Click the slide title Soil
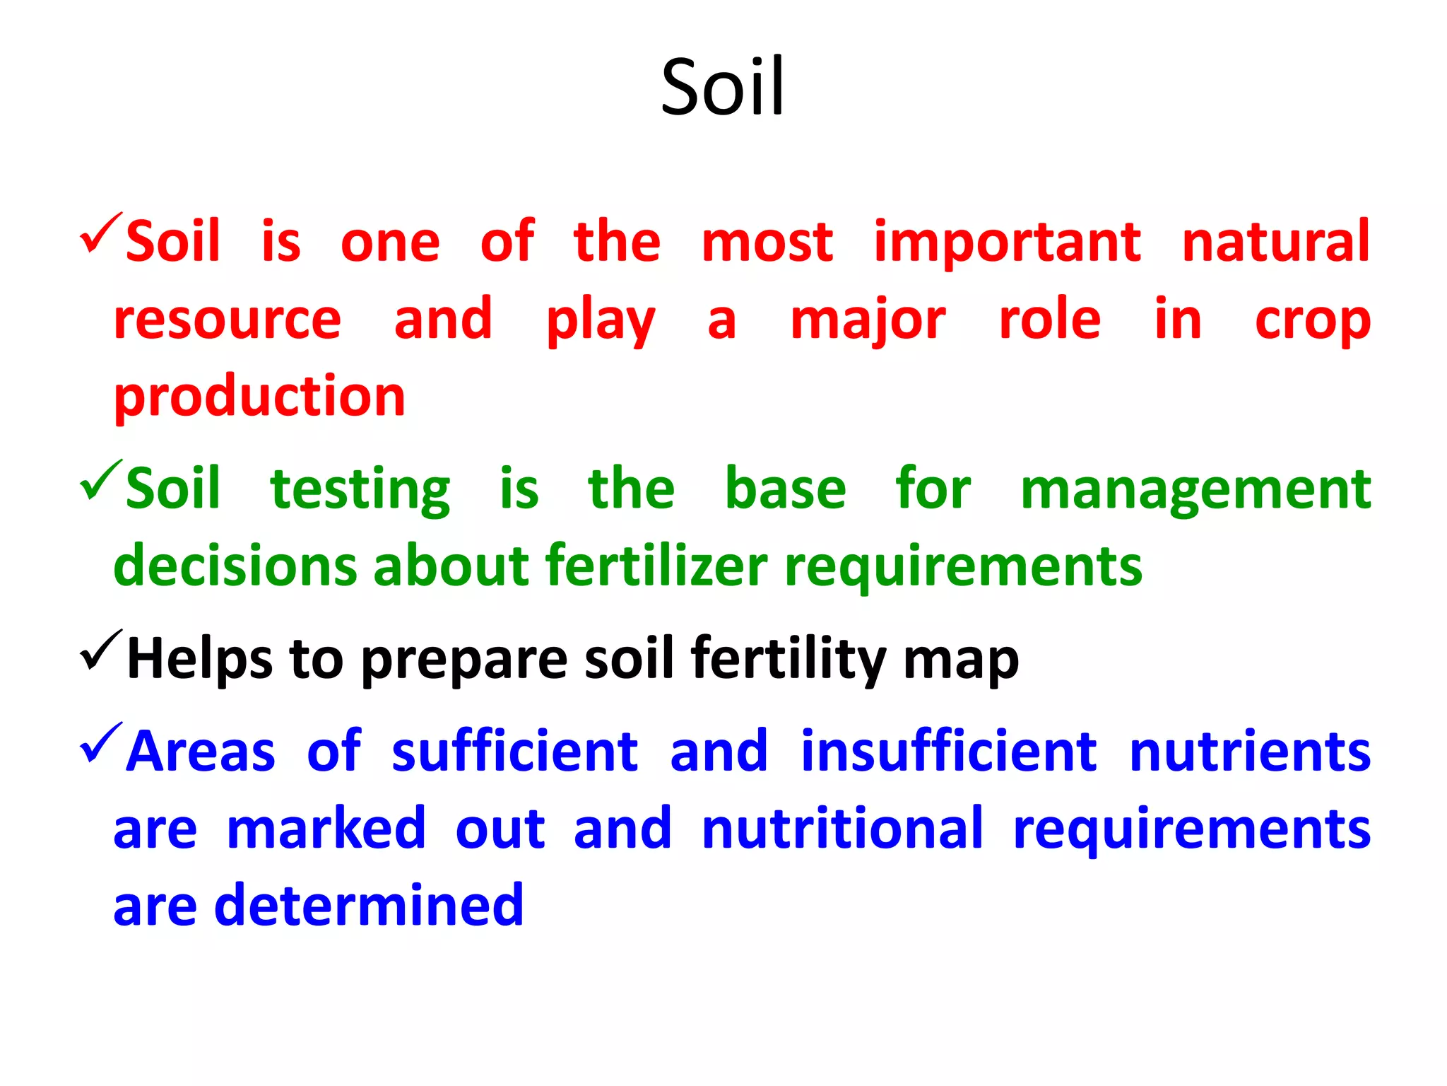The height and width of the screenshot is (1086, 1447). click(722, 88)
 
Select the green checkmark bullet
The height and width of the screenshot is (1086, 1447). click(100, 480)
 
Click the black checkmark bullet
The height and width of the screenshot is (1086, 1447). click(100, 650)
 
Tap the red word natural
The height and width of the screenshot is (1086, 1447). click(1275, 242)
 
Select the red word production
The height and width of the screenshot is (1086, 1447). click(259, 397)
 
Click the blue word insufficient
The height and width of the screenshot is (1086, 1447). click(949, 751)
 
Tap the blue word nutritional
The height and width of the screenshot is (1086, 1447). click(842, 829)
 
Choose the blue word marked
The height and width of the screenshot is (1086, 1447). click(326, 829)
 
